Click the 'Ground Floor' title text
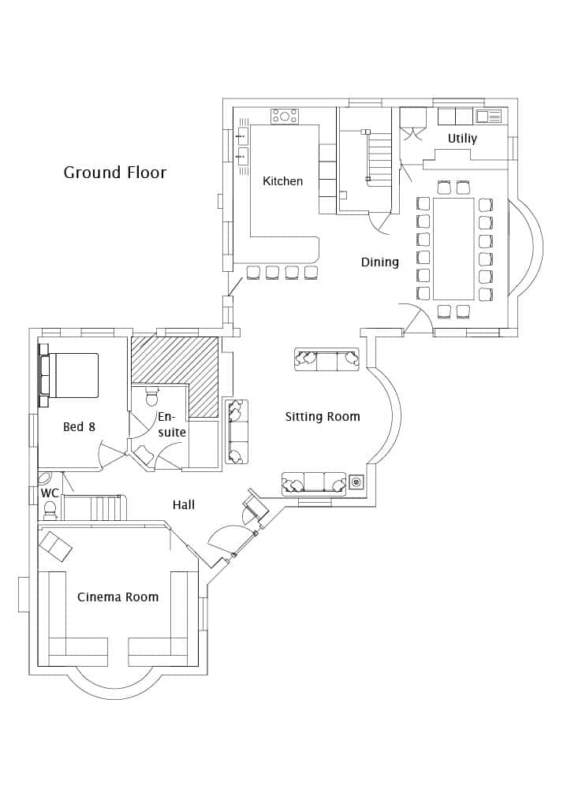[115, 172]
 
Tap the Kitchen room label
[282, 180]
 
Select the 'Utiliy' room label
[462, 139]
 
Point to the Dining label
[380, 262]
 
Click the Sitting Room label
[323, 416]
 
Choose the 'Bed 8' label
[80, 426]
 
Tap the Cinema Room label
[118, 597]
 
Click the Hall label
[184, 505]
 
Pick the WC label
[50, 493]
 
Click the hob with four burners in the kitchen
[285, 116]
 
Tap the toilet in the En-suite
[152, 396]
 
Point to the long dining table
[453, 248]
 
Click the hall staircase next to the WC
[95, 508]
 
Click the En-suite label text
[171, 425]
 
